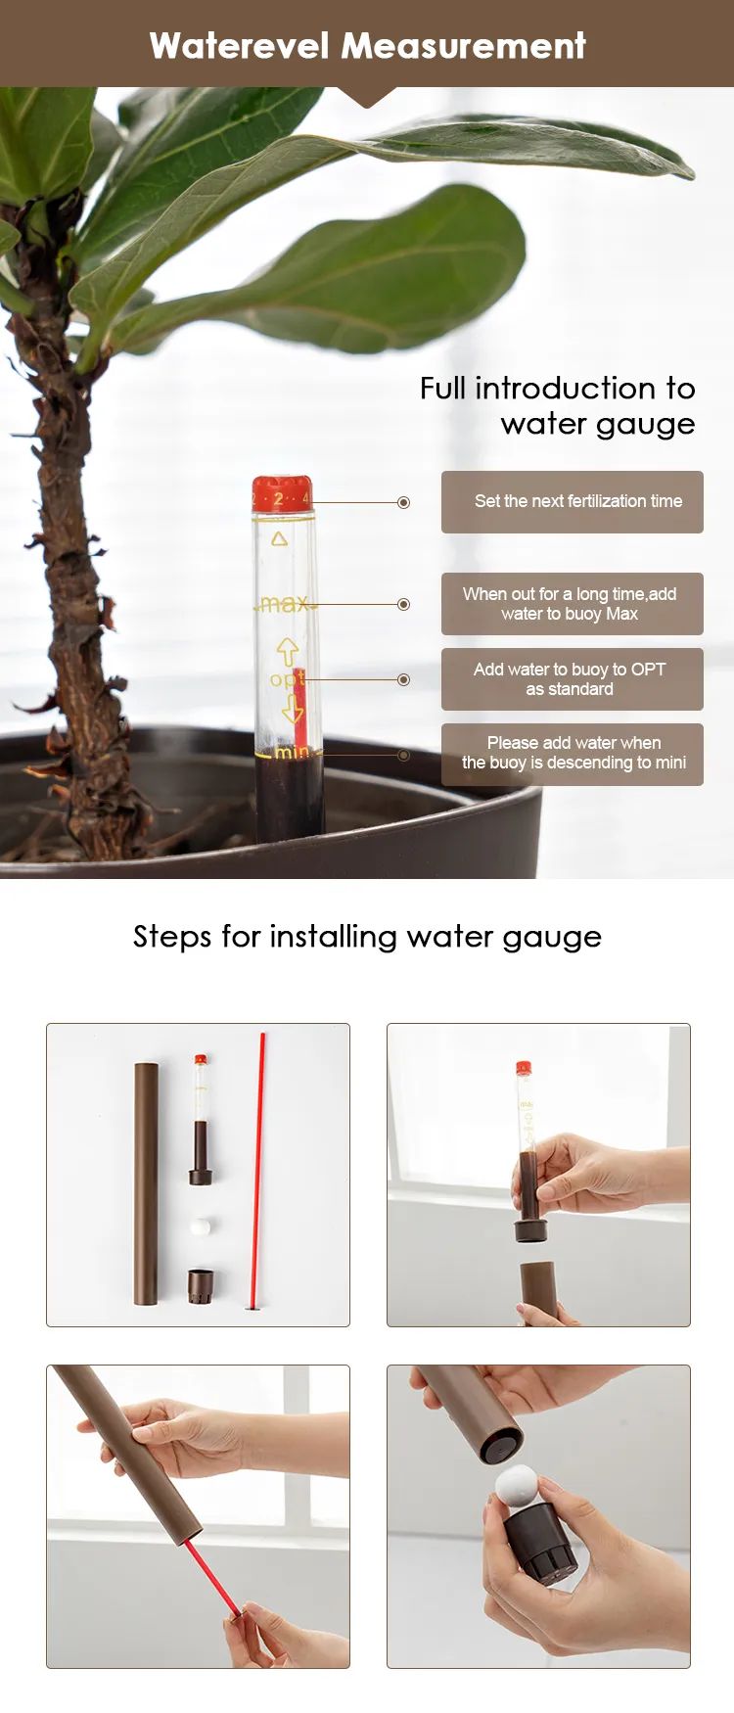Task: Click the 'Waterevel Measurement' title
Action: click(367, 45)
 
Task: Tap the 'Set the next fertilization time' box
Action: click(573, 502)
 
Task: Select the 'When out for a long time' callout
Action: click(573, 604)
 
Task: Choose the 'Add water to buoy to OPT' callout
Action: click(573, 679)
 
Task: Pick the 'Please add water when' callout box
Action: click(573, 755)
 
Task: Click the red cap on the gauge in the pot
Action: click(282, 494)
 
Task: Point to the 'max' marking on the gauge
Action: click(284, 604)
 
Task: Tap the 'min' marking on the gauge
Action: click(291, 752)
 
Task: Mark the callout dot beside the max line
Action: click(403, 604)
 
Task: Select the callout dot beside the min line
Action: click(403, 755)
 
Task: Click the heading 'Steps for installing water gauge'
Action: click(367, 937)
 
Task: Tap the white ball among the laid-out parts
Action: click(202, 1227)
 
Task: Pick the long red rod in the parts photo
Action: click(258, 1170)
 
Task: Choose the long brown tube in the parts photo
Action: click(146, 1184)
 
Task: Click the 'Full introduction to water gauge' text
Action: click(558, 405)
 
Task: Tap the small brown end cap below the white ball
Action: click(202, 1285)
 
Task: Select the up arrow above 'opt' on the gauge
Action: click(287, 651)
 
